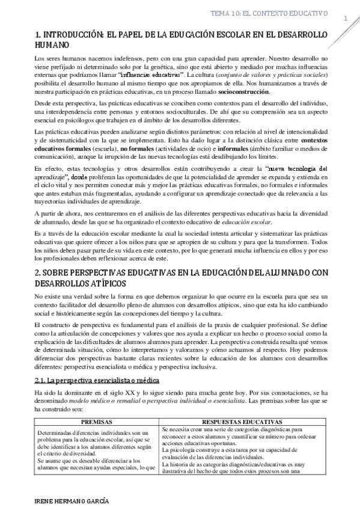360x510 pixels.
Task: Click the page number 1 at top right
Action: coord(346,19)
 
